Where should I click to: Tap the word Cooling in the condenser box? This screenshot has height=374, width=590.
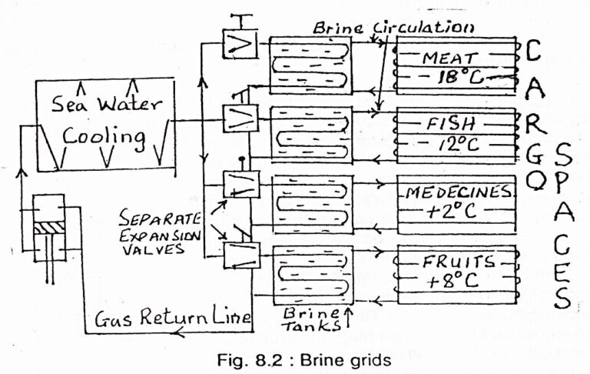pos(104,139)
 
